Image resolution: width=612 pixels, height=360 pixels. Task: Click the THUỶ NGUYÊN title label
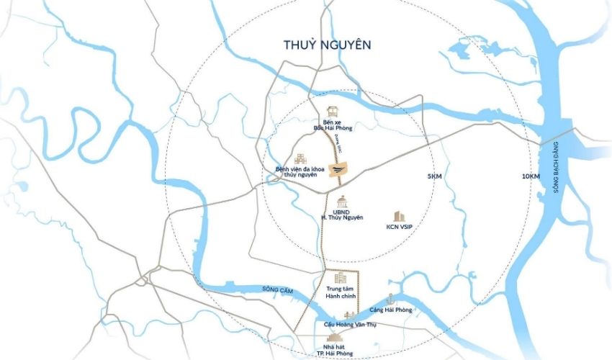pyautogui.click(x=327, y=45)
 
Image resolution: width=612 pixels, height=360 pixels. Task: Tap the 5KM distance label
pyautogui.click(x=434, y=176)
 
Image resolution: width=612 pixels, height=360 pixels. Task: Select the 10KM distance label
pyautogui.click(x=531, y=176)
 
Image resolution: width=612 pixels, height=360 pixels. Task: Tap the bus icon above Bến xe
pyautogui.click(x=333, y=112)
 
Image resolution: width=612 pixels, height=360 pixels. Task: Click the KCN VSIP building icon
pyautogui.click(x=398, y=215)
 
